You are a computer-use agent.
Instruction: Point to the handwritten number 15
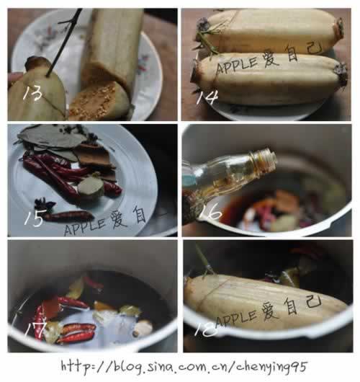(x=33, y=217)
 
